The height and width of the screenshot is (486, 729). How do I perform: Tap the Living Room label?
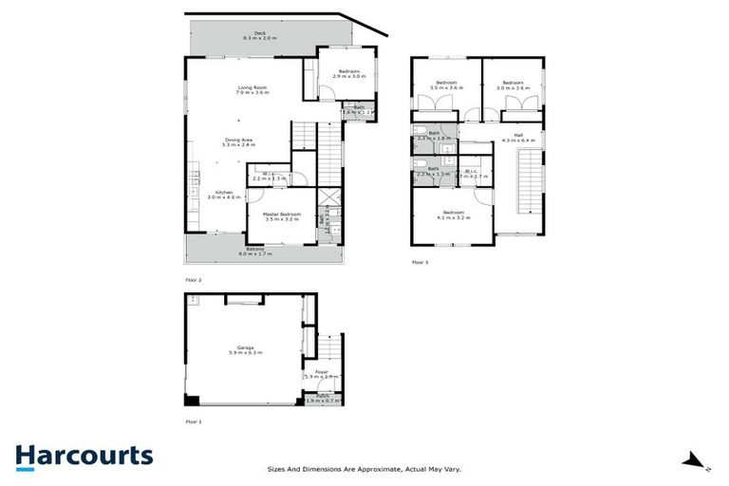253,90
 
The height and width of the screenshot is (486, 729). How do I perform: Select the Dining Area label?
239,142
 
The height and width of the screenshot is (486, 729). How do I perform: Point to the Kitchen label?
225,195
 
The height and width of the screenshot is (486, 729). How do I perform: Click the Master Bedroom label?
282,216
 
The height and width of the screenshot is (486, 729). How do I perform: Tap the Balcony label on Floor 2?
254,252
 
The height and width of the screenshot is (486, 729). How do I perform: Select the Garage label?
245,350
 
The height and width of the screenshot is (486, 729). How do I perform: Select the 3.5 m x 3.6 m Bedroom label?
446,86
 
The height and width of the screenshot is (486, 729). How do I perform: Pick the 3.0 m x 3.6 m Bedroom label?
514,86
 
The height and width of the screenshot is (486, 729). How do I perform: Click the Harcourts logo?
84,456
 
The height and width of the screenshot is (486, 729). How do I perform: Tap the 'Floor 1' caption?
194,421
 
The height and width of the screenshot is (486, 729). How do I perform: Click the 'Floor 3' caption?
421,261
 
